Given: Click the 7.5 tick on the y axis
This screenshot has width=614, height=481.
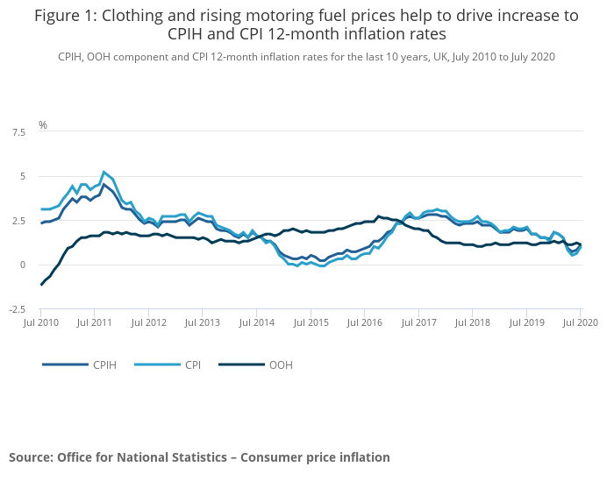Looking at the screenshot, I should (18, 132).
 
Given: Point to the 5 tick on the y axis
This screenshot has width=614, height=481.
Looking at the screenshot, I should (21, 176).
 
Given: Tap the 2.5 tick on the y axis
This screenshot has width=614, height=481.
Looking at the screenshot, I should (18, 221).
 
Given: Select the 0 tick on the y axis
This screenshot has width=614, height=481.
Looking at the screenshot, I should (21, 265).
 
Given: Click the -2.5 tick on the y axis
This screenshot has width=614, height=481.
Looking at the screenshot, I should (17, 309).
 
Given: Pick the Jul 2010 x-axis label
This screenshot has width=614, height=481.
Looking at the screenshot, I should (40, 322).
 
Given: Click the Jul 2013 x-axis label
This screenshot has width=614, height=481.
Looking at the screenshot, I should (203, 322).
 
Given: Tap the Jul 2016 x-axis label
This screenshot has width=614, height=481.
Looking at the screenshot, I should (365, 322).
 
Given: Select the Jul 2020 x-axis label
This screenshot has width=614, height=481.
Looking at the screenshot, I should (581, 322).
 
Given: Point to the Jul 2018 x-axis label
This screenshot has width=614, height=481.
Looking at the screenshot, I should (473, 322).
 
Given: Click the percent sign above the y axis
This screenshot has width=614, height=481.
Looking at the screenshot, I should (42, 125).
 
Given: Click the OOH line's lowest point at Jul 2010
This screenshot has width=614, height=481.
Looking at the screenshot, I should (41, 285).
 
